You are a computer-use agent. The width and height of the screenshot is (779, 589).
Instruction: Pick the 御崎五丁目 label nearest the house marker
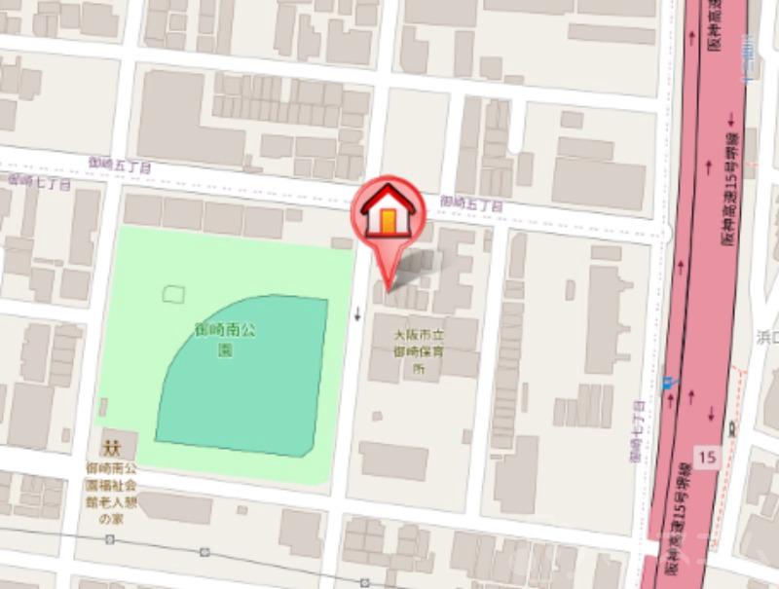click(x=470, y=203)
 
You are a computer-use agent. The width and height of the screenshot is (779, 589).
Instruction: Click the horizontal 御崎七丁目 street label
click(x=39, y=181)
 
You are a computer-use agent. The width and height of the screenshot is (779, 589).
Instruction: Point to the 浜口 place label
click(x=766, y=336)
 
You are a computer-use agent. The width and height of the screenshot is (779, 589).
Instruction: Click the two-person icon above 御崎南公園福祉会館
click(x=110, y=449)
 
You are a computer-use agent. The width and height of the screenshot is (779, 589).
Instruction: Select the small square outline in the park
click(x=174, y=291)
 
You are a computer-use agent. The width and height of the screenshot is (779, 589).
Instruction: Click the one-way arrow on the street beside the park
click(x=358, y=313)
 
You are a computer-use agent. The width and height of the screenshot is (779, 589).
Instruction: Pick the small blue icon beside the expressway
click(x=668, y=383)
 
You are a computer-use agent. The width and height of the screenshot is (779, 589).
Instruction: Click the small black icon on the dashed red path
click(x=731, y=427)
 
